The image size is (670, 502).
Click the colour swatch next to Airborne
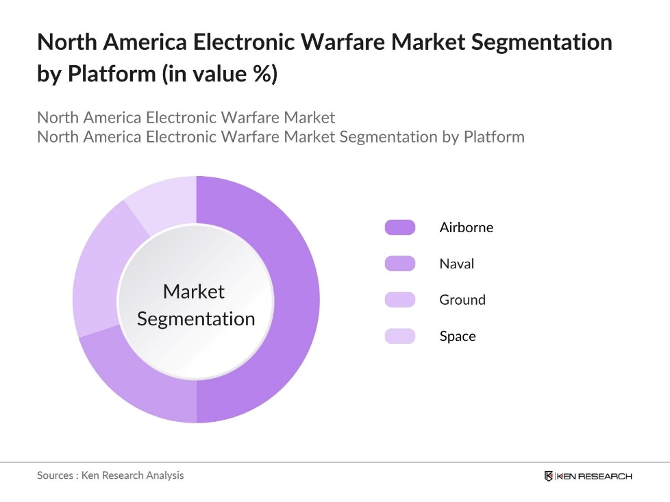[x=400, y=227]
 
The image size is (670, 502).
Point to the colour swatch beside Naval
[x=400, y=264]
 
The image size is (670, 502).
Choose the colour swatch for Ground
[x=400, y=300]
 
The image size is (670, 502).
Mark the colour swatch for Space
[x=400, y=336]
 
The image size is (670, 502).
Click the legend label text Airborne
[x=466, y=227]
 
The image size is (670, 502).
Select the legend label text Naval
[x=456, y=264]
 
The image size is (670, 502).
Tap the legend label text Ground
[x=462, y=300]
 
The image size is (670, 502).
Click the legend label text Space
[x=458, y=336]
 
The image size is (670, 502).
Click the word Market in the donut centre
[x=194, y=292]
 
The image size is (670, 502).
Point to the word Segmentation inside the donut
[x=196, y=319]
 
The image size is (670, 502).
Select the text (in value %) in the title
[x=219, y=73]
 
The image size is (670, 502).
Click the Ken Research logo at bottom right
[x=588, y=476]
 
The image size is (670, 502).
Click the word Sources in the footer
[x=55, y=475]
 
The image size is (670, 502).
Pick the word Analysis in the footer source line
[x=162, y=475]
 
